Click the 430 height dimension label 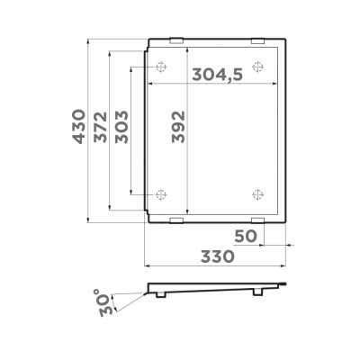pos(79,130)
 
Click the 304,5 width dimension pos(217,76)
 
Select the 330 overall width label pos(216,256)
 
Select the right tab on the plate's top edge pos(257,39)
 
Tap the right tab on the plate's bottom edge pos(257,220)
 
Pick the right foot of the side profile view pos(258,292)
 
